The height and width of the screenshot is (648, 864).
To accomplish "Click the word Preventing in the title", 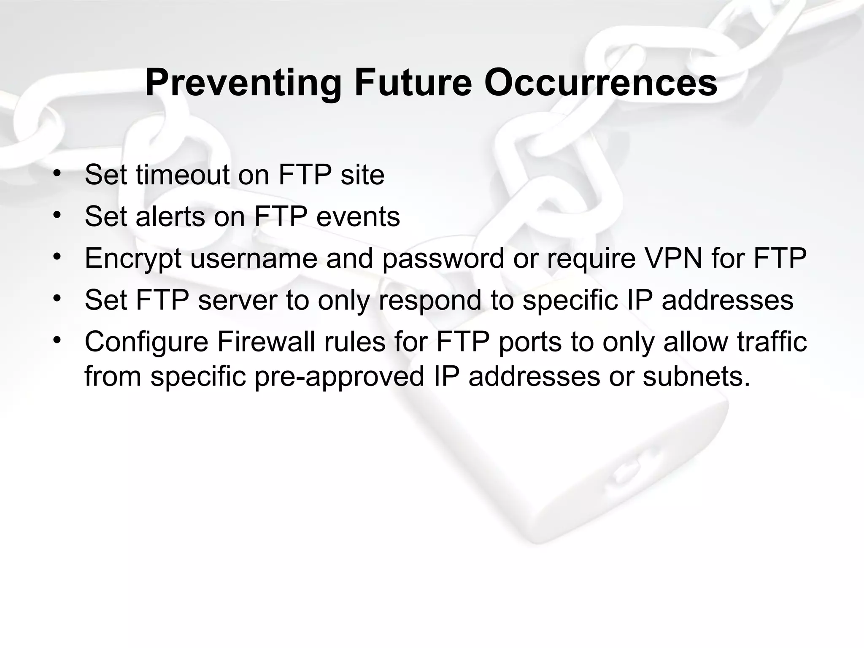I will [243, 83].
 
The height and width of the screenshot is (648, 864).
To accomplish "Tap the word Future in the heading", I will [413, 83].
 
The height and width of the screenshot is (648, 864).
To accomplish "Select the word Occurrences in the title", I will [600, 83].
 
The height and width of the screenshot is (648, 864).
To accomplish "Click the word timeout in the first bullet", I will [182, 175].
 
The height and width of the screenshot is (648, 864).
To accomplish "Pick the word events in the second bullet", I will [358, 216].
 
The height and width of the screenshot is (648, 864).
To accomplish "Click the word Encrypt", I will [133, 258].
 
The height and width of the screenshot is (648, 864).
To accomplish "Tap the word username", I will [254, 258].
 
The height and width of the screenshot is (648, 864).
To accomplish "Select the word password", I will [443, 258].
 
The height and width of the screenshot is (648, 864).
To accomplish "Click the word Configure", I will [146, 342].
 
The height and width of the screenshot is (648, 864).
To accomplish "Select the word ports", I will [530, 342].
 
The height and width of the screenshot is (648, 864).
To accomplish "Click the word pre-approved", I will [339, 376].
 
